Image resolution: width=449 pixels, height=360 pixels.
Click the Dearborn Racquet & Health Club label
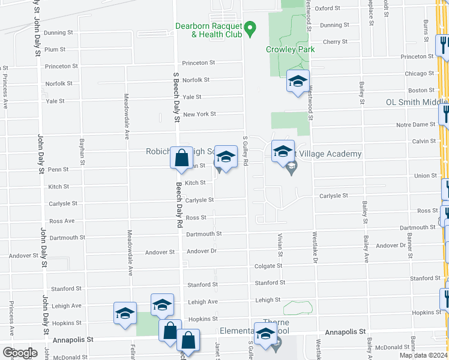pyautogui.click(x=208, y=30)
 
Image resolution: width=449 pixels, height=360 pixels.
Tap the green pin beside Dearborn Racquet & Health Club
pyautogui.click(x=252, y=27)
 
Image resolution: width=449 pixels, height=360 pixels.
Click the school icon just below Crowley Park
pyautogui.click(x=297, y=82)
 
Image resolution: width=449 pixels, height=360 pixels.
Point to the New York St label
pyautogui.click(x=199, y=114)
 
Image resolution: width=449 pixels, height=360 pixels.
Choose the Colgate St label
pyautogui.click(x=268, y=266)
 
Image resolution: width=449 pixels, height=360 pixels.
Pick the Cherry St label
pyautogui.click(x=335, y=42)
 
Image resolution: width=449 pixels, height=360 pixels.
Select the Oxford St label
pyautogui.click(x=328, y=8)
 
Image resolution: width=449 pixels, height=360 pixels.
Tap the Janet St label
pyautogui.click(x=217, y=348)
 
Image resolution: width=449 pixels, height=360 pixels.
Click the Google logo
pyautogui.click(x=19, y=353)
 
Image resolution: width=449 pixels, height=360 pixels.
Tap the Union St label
pyautogui.click(x=426, y=176)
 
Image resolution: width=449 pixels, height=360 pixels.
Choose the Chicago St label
pyautogui.click(x=419, y=73)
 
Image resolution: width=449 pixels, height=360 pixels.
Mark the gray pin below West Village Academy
pyautogui.click(x=292, y=170)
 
